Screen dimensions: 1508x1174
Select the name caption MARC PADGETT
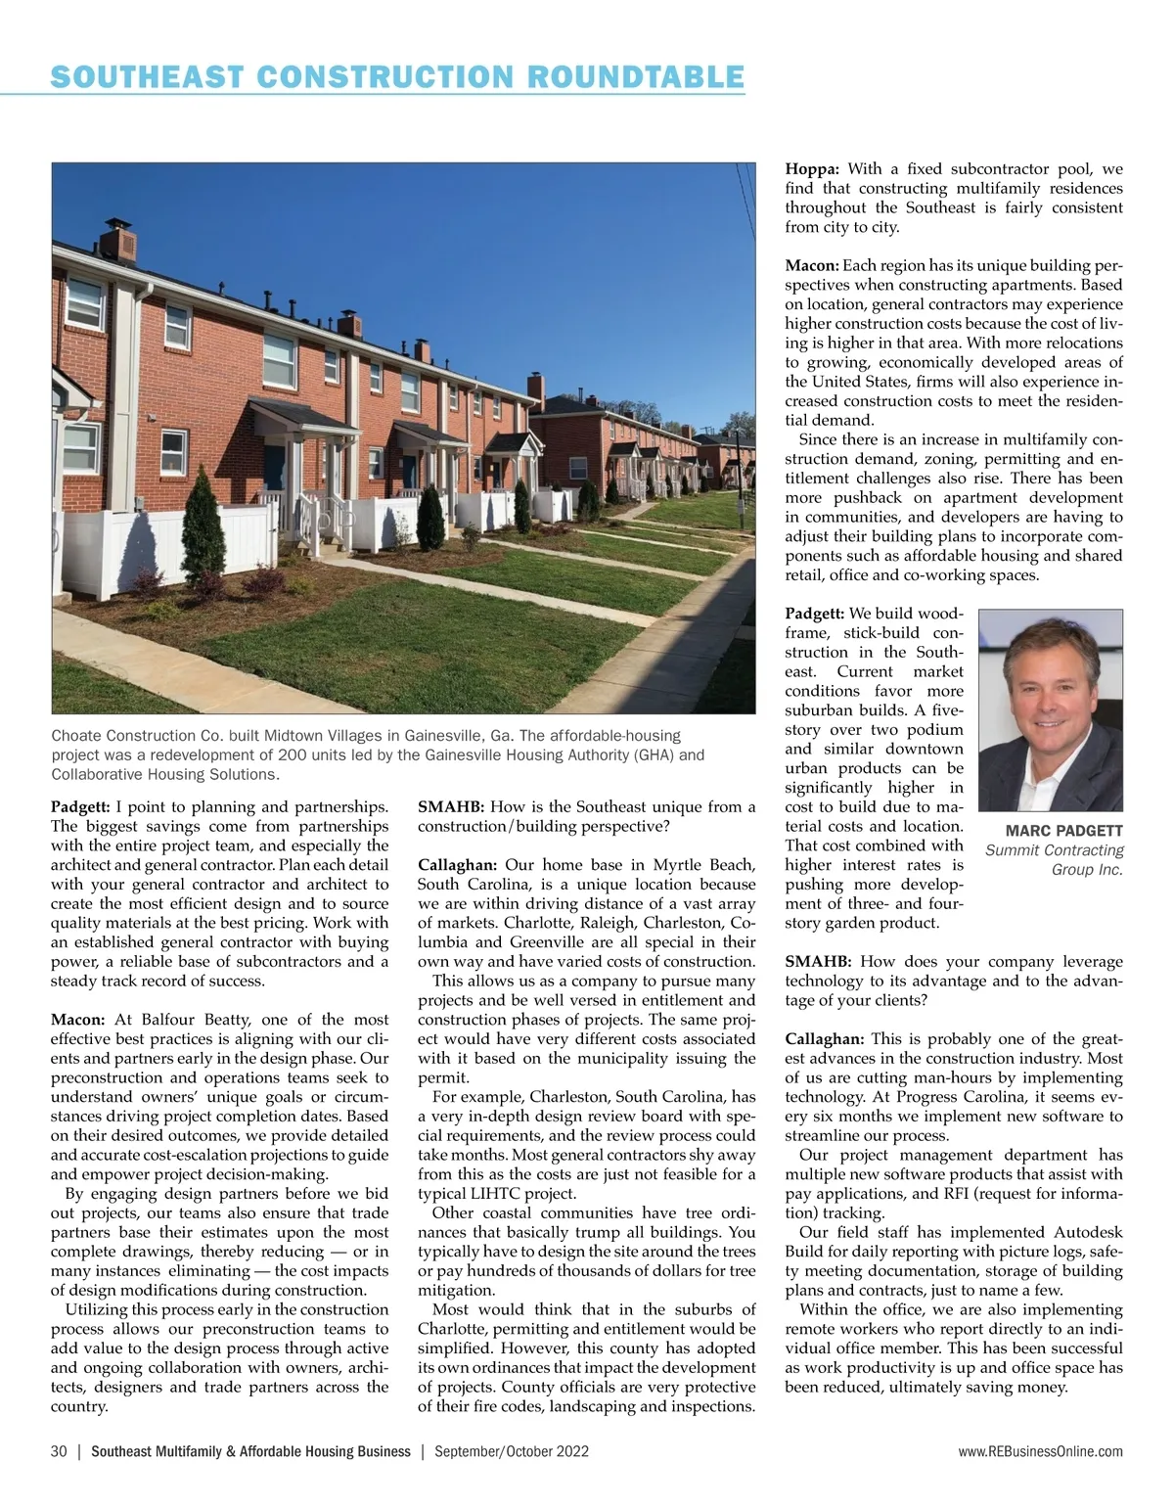pos(1064,831)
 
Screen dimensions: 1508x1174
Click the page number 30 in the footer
pos(59,1451)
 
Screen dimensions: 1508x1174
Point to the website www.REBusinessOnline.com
pos(1041,1451)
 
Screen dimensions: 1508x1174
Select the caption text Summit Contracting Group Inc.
pos(1055,860)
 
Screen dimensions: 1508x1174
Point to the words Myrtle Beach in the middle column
pos(705,865)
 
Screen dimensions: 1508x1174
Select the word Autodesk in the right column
pos(1088,1232)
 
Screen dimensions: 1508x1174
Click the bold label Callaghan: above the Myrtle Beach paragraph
pos(458,865)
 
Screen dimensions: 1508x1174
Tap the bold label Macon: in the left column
pos(78,1020)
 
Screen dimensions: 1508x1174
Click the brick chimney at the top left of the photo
pos(123,243)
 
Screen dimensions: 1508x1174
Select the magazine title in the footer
pos(250,1451)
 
